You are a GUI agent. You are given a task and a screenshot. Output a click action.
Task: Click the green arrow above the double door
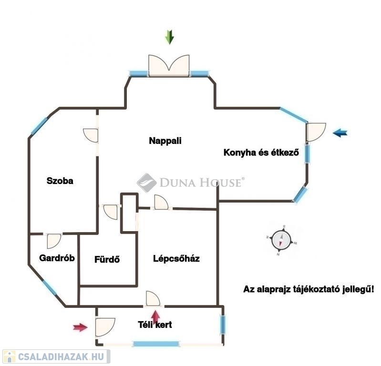pos(169,37)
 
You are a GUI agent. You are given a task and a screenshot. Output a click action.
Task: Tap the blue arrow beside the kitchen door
pos(340,133)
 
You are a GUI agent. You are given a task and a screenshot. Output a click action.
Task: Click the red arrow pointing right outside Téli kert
pos(81,327)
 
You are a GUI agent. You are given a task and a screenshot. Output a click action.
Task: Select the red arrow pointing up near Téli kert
pos(155,318)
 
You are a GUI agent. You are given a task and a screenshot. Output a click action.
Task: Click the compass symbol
pos(281,240)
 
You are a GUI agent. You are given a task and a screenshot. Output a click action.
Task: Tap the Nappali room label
pos(165,141)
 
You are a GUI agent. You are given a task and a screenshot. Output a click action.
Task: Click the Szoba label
pos(60,181)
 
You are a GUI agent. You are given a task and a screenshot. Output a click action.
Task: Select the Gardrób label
pos(57,258)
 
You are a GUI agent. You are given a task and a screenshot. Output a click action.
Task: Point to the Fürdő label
pos(107,259)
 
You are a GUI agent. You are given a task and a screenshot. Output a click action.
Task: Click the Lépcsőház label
pos(176,258)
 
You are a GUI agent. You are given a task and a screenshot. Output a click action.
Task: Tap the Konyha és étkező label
pos(261,152)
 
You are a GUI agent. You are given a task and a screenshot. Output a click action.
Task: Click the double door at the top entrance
pos(169,66)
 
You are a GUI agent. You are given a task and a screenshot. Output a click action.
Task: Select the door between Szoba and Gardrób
pos(54,241)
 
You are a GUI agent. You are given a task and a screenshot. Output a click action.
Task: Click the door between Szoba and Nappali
pos(91,135)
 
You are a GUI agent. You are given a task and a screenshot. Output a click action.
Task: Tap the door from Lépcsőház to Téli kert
pos(153,298)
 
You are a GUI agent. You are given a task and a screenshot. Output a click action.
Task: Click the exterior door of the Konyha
pos(316,132)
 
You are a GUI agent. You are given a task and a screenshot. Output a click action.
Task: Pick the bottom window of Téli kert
pos(156,344)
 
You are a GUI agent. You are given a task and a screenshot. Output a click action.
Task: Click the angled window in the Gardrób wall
pos(49,288)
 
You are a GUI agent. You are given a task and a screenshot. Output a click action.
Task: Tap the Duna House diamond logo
pos(146,183)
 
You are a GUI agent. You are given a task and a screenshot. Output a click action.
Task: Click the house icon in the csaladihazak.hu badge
pos(10,357)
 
